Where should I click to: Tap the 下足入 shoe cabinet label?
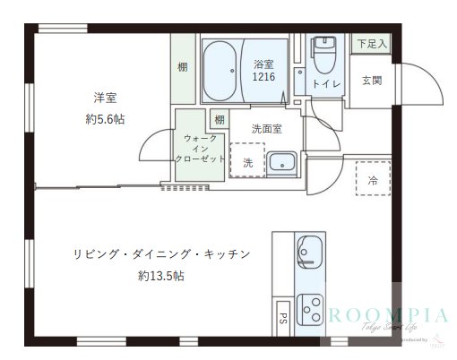pos(371,43)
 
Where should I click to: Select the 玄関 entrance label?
pos(372,81)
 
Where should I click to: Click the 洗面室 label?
pos(266,128)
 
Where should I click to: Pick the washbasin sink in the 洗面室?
pos(282,164)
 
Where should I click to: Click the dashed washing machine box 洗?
pos(247,159)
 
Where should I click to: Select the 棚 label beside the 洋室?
pos(182,67)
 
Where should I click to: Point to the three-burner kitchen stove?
pos(310,308)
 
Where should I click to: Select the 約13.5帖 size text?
pos(161,276)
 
